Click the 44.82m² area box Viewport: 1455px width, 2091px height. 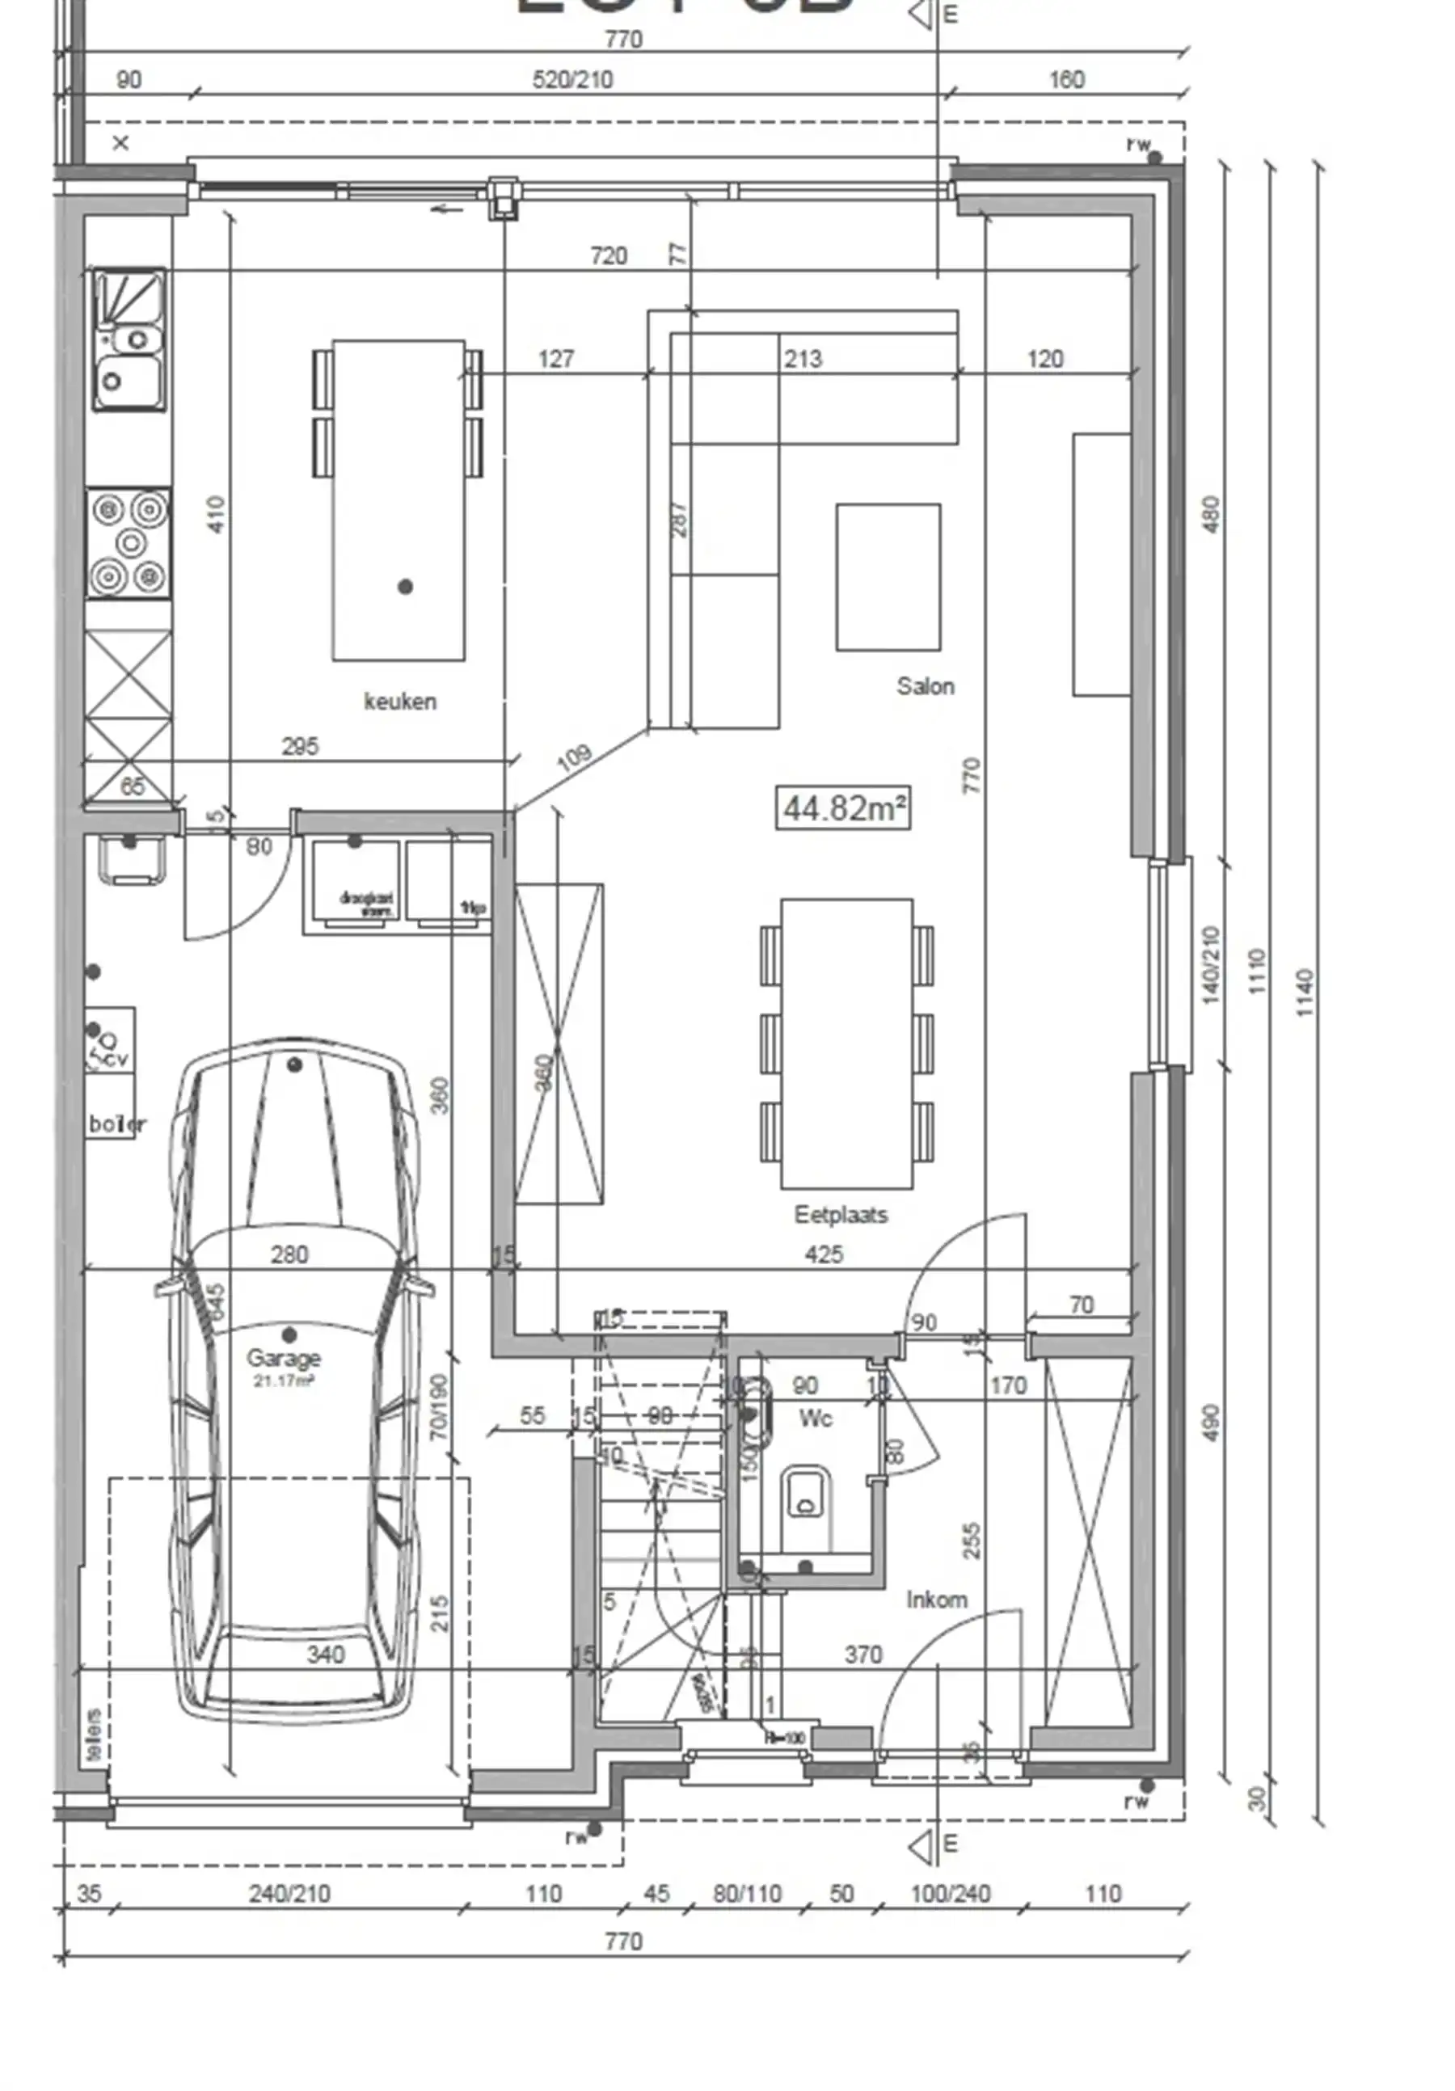click(842, 807)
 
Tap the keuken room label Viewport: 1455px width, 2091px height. click(399, 702)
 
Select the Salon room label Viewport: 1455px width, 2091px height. click(925, 685)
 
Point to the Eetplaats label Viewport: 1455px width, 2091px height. click(840, 1214)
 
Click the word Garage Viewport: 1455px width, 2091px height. click(283, 1358)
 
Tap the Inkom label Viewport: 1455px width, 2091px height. click(936, 1600)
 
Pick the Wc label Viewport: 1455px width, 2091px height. click(815, 1418)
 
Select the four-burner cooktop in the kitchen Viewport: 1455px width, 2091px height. click(129, 543)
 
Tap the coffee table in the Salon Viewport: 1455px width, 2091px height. click(888, 577)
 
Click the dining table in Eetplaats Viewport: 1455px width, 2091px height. click(846, 1043)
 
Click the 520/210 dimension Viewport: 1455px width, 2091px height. click(571, 79)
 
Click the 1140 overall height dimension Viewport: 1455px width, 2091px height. click(1304, 993)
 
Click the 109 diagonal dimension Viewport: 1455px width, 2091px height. click(574, 756)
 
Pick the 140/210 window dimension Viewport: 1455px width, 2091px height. click(1210, 965)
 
